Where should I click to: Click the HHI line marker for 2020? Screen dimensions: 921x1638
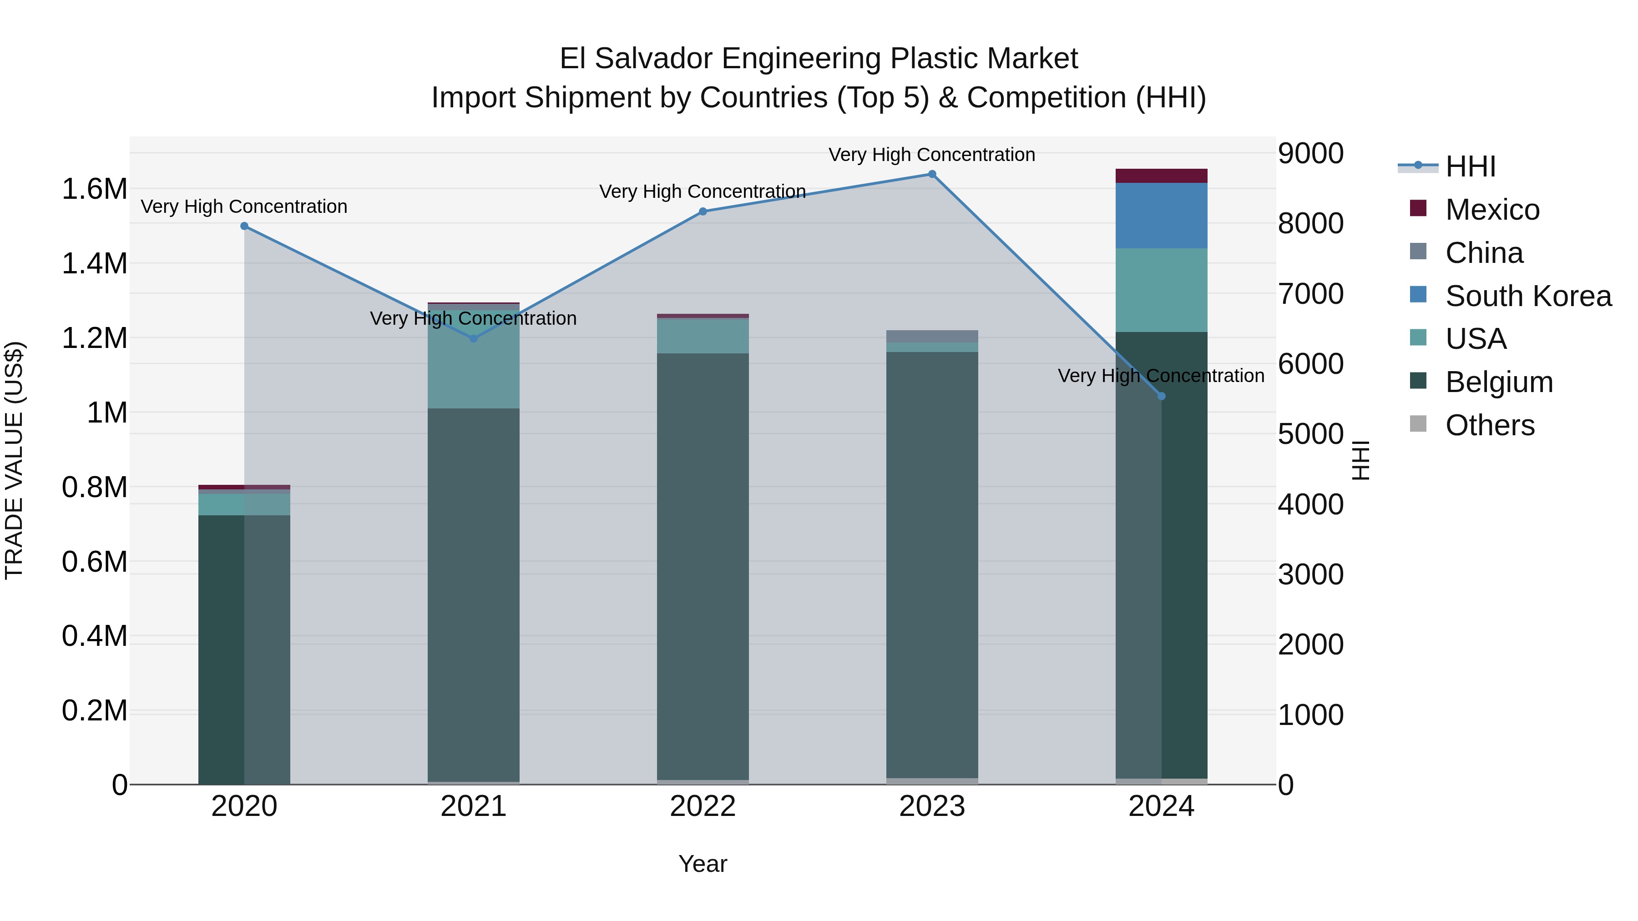click(x=244, y=226)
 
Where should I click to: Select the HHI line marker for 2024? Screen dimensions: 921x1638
click(x=1161, y=396)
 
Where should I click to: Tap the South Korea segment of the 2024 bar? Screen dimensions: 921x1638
click(x=1161, y=216)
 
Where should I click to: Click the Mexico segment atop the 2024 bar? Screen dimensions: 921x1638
click(x=1161, y=176)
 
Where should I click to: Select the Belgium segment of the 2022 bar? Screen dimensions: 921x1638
click(x=703, y=566)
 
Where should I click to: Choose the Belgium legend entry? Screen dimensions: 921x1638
click(x=1499, y=382)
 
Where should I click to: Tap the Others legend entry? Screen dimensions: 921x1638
click(x=1489, y=425)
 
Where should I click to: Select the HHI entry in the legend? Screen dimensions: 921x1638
click(x=1470, y=166)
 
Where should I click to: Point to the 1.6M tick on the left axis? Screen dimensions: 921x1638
click(x=94, y=189)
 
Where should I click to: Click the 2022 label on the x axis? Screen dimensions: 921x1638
click(x=703, y=806)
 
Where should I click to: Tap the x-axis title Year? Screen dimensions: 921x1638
click(x=703, y=864)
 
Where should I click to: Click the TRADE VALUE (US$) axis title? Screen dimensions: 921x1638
click(x=14, y=460)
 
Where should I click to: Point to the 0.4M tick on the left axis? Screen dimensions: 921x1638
click(x=94, y=636)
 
